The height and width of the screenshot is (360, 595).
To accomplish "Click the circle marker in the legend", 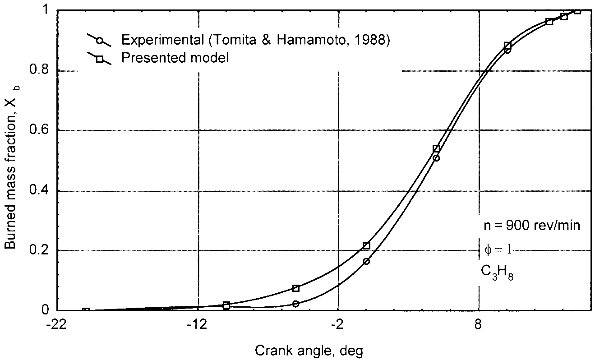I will [100, 41].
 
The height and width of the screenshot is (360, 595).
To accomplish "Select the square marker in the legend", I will [100, 58].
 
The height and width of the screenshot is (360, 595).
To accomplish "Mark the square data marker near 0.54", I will [436, 149].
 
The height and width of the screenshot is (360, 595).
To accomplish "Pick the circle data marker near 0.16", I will [366, 261].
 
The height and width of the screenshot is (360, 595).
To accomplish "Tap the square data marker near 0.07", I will [296, 288].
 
